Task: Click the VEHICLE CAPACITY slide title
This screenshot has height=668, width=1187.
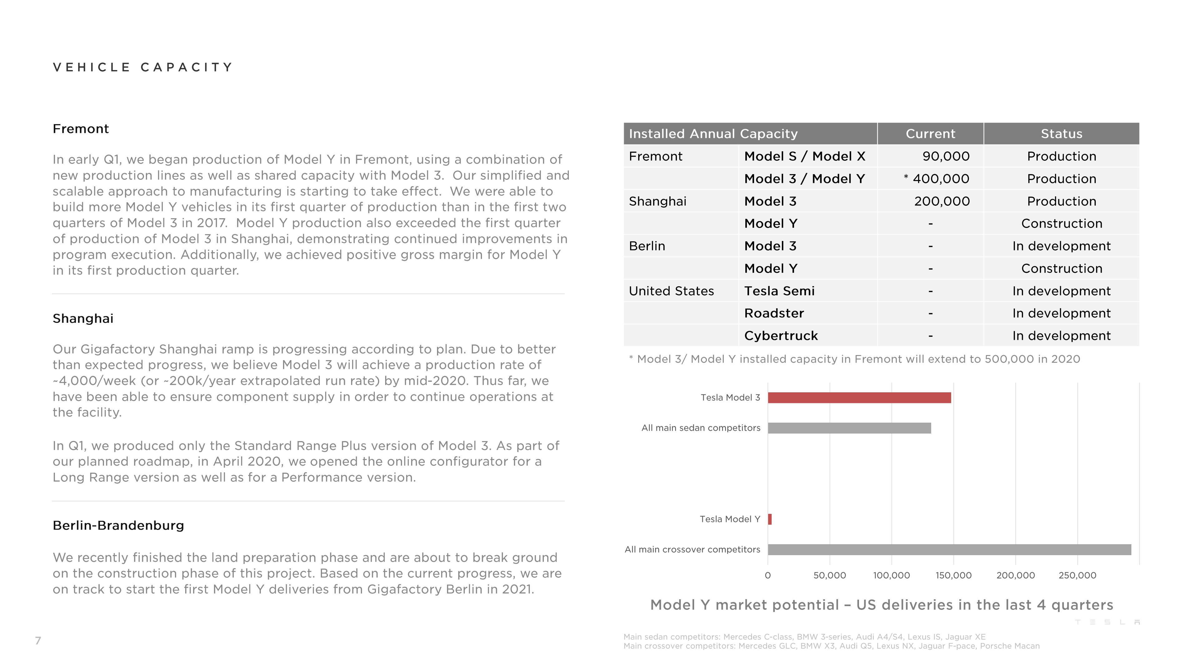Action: (x=143, y=67)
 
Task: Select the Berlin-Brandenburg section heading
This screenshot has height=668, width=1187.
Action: (x=118, y=525)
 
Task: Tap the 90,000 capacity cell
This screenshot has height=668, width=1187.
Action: (x=946, y=156)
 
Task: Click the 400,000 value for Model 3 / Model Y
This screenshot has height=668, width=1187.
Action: (x=941, y=179)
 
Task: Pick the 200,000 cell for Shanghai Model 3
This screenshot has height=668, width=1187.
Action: (x=941, y=201)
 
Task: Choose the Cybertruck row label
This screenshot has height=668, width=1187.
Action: (x=781, y=336)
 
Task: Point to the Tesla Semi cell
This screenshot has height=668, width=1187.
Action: (x=779, y=291)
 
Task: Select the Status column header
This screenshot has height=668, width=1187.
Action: (x=1061, y=134)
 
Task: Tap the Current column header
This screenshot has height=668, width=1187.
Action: (x=930, y=134)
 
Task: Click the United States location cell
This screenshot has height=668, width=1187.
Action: (x=671, y=291)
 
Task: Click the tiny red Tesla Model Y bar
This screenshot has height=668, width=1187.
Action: (x=770, y=519)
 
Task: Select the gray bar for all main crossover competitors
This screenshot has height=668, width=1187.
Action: (x=949, y=550)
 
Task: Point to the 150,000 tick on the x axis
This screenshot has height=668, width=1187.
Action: (x=953, y=575)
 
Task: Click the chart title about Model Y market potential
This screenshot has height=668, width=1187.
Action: (x=881, y=605)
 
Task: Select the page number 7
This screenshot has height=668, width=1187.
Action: (x=38, y=640)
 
